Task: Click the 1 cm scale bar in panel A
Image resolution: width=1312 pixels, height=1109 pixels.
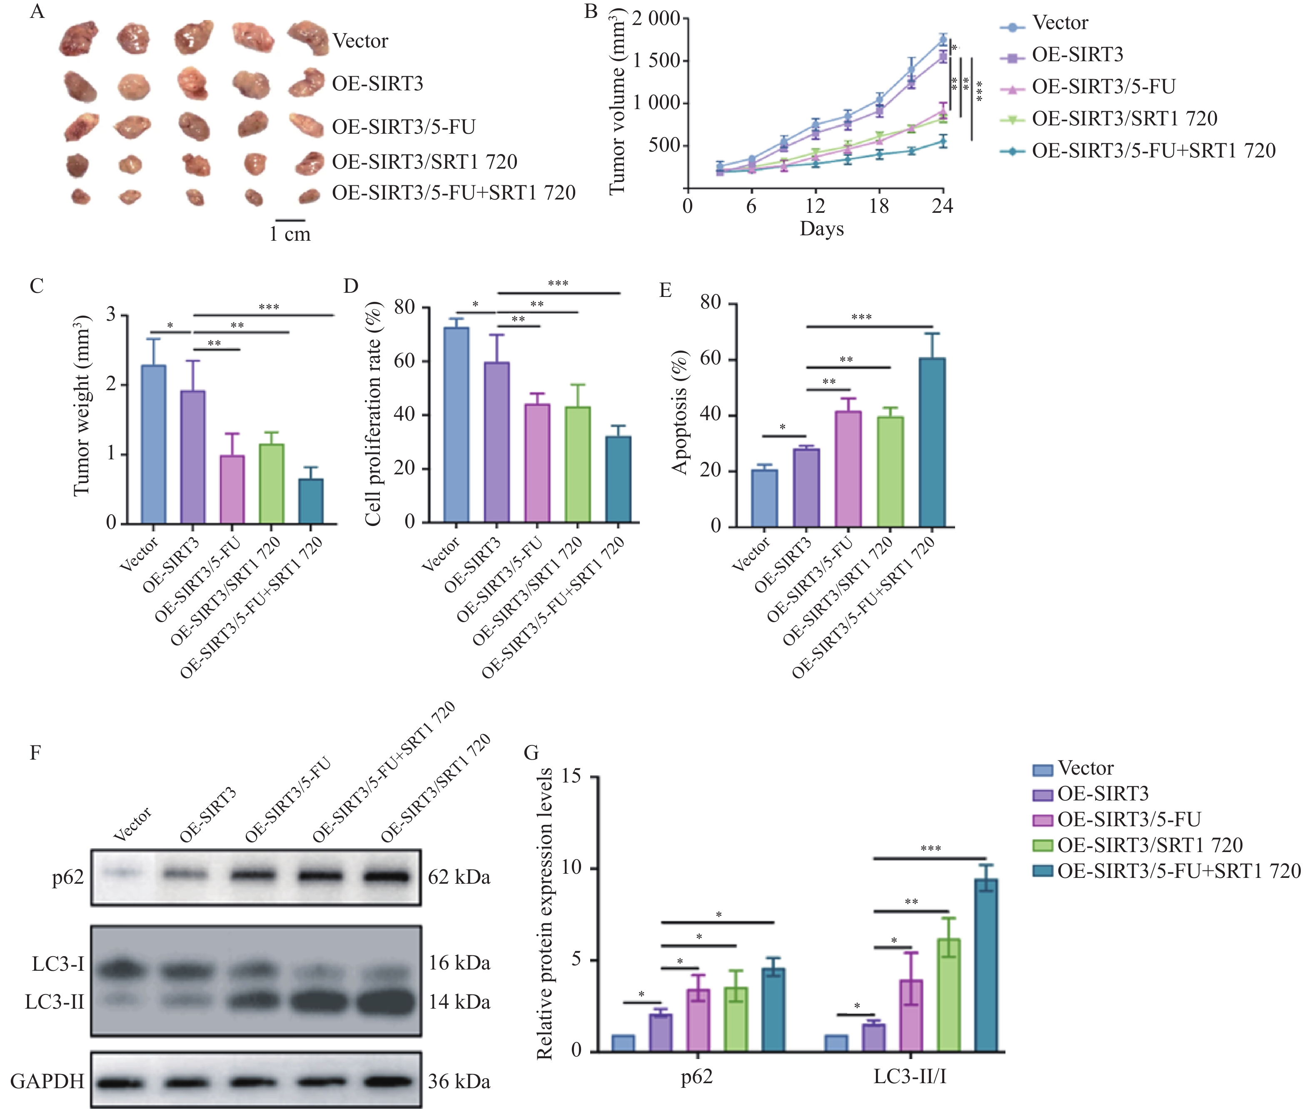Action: point(290,221)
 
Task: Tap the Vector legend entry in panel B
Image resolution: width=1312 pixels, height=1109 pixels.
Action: point(1060,23)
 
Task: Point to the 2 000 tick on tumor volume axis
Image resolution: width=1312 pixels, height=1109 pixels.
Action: point(656,19)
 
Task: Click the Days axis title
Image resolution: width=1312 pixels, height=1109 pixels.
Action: point(821,229)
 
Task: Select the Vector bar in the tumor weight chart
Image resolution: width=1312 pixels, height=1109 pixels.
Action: point(154,444)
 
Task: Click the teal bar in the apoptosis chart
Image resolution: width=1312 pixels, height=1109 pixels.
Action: point(932,442)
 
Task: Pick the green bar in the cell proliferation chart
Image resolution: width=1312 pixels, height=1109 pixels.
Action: point(578,464)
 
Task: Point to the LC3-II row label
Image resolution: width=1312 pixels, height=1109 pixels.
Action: point(55,1002)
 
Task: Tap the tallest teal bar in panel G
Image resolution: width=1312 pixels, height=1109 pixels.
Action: point(986,964)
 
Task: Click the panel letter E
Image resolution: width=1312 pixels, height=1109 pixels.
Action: point(665,290)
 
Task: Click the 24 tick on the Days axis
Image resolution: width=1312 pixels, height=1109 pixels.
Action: point(942,206)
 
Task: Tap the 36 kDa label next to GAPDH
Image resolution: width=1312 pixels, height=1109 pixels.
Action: point(459,1082)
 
